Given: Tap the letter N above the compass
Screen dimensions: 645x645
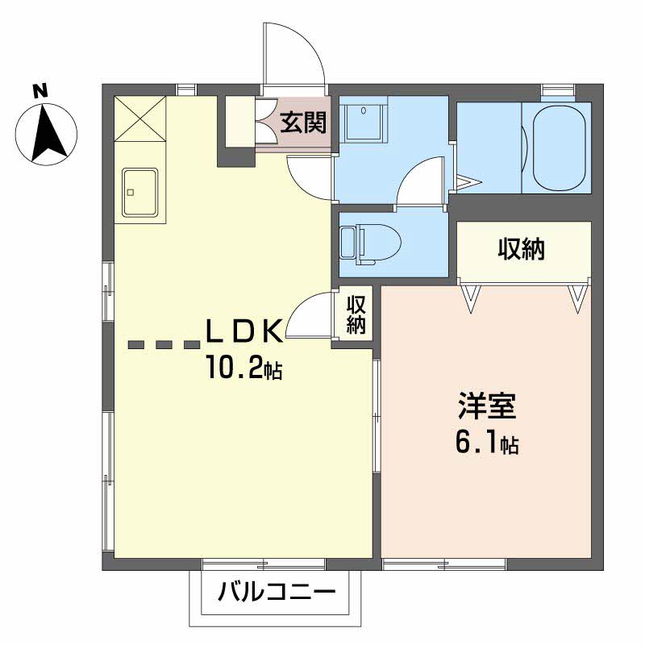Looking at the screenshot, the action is (x=40, y=90).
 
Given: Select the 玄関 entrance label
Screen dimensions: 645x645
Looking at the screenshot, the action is (x=304, y=123).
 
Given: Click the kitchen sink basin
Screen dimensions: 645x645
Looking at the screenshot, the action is (x=140, y=193).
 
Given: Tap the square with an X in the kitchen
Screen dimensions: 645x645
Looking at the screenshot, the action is (x=139, y=118).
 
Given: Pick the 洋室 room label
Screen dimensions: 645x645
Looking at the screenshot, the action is (x=487, y=406).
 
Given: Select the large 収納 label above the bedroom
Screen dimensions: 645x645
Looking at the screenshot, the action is (x=522, y=248).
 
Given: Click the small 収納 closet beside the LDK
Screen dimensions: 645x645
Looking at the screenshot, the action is (x=356, y=314).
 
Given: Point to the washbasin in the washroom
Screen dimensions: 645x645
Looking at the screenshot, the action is (x=364, y=122).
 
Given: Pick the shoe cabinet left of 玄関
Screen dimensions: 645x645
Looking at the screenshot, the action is (x=240, y=122).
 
